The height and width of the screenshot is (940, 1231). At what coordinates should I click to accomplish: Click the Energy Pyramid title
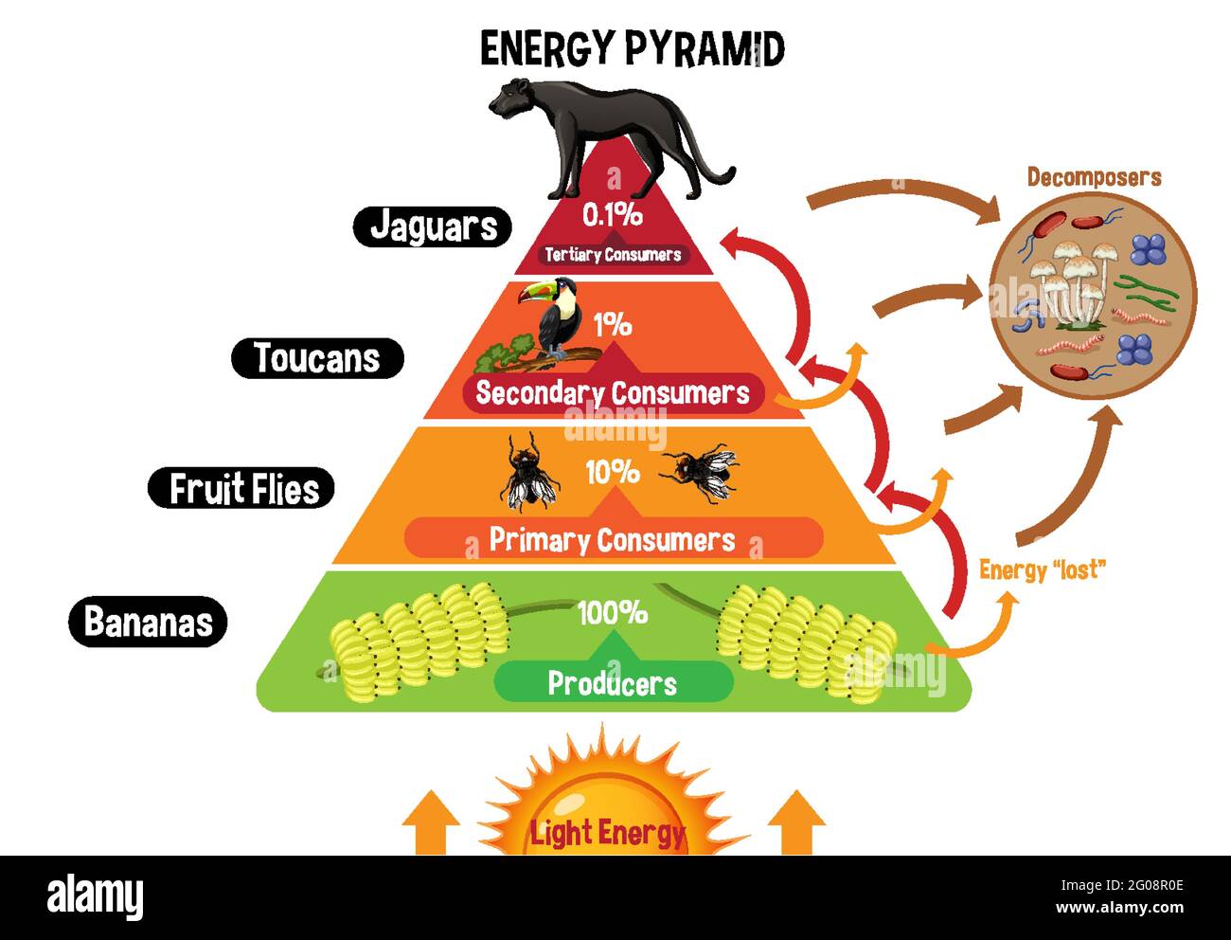tap(632, 48)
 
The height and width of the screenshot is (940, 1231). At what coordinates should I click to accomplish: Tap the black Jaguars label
tap(432, 226)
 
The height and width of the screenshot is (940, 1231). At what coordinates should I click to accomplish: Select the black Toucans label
tap(317, 358)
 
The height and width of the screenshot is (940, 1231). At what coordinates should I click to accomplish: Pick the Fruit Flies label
tap(241, 488)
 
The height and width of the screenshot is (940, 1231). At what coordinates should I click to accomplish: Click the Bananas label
tap(148, 622)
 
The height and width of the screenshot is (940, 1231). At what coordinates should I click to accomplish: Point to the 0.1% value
tap(613, 215)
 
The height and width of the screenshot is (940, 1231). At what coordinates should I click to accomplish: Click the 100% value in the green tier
tap(613, 612)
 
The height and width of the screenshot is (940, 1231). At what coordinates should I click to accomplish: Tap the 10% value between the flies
tap(613, 472)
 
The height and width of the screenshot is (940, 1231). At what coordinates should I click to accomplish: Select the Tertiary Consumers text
tap(613, 255)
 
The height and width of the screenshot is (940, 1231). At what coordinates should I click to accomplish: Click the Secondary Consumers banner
tap(613, 392)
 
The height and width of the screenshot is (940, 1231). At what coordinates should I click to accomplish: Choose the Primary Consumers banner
tap(613, 538)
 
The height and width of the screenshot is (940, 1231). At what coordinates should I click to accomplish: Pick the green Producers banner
tap(613, 682)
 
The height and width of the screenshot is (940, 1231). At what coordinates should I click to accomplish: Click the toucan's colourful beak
tap(534, 293)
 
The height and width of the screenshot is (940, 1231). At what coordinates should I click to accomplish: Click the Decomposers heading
tap(1094, 177)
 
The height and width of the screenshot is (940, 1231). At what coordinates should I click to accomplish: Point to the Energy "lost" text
tap(1043, 570)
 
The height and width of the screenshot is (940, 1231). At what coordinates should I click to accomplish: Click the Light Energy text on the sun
tap(608, 832)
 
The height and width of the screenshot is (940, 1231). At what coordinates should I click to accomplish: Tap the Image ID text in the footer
tap(1122, 885)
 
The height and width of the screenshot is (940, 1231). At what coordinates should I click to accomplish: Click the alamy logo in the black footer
tap(95, 896)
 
